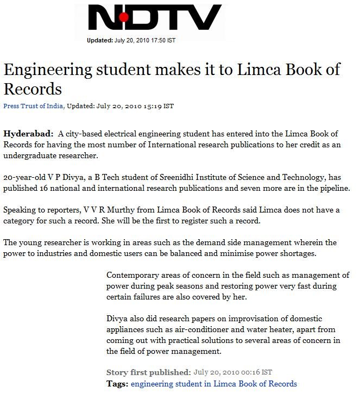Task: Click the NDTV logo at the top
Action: [x=155, y=18]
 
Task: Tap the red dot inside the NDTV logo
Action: [x=124, y=18]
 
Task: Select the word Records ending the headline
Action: [x=33, y=89]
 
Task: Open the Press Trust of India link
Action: [x=34, y=106]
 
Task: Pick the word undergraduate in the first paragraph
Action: [x=30, y=155]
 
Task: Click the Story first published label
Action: [x=148, y=372]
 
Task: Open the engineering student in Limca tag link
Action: [x=214, y=384]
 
